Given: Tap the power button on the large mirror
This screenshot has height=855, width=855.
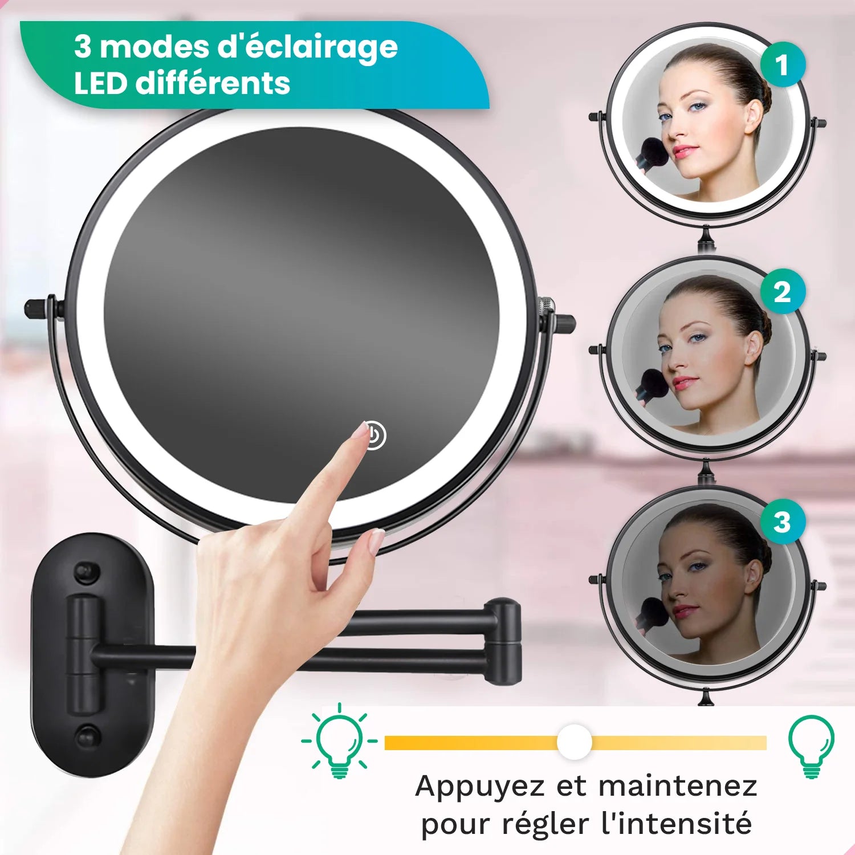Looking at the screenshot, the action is tap(374, 436).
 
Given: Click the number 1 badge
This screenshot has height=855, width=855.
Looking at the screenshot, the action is tap(783, 64).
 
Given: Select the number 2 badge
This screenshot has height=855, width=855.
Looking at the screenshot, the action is tap(783, 292).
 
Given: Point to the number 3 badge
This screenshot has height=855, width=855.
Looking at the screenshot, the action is tap(783, 522).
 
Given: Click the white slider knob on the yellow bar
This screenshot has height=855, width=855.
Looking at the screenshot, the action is tap(574, 742).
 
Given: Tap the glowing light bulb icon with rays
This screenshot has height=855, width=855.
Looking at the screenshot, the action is tap(340, 742).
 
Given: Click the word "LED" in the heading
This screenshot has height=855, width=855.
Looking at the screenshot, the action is tap(100, 83).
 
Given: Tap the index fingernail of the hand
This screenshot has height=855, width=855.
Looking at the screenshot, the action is tap(361, 430).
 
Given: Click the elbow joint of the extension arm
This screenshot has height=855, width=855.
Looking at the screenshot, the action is tap(504, 641).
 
